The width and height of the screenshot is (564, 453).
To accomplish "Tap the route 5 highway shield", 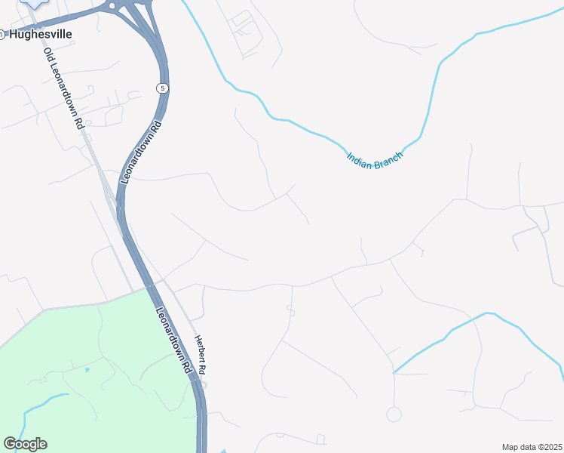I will (162, 88).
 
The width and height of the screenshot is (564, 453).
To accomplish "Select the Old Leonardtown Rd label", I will (63, 88).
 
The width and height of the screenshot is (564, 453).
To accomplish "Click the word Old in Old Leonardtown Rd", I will (48, 55).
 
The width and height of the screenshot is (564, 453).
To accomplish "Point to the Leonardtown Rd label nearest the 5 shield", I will (140, 148).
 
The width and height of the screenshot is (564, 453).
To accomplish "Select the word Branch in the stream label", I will (390, 159).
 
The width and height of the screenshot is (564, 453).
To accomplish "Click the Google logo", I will (25, 444).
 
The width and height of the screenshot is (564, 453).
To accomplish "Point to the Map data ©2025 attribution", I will (532, 447).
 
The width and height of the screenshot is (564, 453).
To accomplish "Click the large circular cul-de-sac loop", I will (394, 414).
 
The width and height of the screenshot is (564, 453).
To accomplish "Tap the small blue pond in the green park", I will (87, 370).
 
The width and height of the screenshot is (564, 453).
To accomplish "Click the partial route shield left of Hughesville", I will (2, 34).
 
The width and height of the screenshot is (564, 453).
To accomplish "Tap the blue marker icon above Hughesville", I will (33, 3).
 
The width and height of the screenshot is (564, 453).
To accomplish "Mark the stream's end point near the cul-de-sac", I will (394, 372).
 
